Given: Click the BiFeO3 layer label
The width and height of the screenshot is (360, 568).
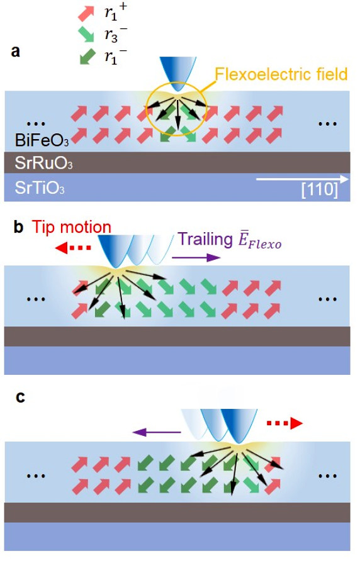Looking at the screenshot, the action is coord(42,140).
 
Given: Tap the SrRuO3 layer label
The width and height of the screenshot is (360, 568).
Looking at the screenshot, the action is coord(43,163).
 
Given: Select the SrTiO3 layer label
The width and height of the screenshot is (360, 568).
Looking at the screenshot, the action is coord(40,187).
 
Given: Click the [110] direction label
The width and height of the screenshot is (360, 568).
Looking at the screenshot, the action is coord(319,189).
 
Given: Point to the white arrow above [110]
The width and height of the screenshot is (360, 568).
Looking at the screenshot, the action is coord(302,179).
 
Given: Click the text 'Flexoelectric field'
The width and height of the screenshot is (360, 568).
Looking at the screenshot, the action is coord(281,74).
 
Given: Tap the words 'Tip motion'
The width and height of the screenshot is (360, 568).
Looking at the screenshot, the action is coord(71,227).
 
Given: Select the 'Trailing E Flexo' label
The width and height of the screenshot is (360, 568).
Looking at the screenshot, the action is coord(230,240).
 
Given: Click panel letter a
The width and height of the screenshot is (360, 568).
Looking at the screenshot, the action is coord(15,52).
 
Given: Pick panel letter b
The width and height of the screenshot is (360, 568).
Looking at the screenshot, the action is coord(18,227).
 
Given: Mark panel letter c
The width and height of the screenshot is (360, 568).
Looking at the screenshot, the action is coord(20,397).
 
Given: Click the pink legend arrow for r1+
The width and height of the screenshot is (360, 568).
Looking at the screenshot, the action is coord(86,13).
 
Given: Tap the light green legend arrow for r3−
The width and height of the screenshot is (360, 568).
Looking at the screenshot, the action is coord(86,35).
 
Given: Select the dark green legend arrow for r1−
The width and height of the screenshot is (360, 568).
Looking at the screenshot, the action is coord(87,57).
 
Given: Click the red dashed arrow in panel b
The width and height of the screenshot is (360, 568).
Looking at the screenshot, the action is coord(73,248).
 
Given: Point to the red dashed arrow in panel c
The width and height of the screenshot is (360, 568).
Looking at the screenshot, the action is coord(284,423).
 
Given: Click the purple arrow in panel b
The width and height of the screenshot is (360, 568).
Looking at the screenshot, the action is coord(196,257).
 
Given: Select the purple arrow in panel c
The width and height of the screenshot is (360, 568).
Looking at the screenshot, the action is coord(156,432).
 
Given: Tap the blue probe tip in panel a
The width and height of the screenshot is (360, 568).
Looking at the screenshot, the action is coord(177,73).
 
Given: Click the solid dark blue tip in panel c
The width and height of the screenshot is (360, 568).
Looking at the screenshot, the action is coord(239,425).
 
